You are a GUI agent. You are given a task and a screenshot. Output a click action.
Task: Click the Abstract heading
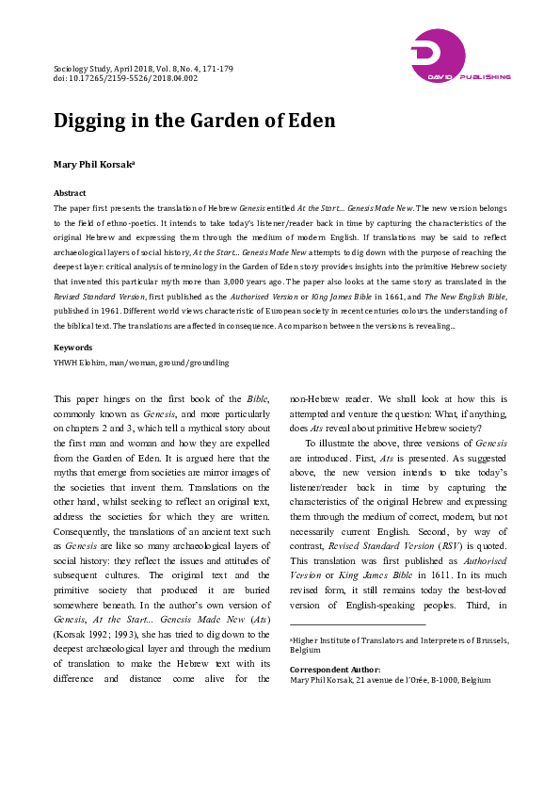(70, 192)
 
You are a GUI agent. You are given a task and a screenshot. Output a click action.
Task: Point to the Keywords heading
(72, 348)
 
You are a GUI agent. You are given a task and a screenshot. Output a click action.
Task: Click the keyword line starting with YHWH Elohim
(141, 362)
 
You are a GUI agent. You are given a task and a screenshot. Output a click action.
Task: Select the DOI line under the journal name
(125, 78)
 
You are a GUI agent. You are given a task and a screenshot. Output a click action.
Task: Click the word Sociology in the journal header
(75, 69)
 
